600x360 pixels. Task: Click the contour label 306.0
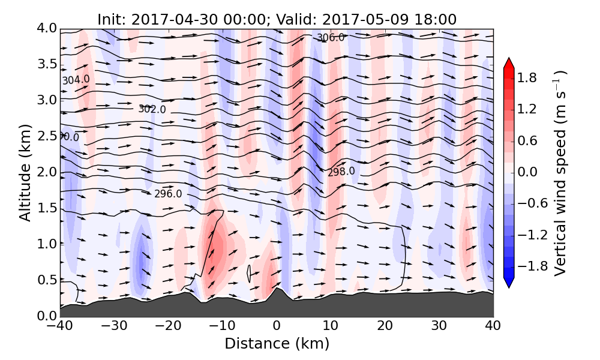tap(331, 37)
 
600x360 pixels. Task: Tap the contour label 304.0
tap(76, 80)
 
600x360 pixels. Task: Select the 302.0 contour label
tap(152, 109)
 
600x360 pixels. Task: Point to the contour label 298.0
tap(341, 172)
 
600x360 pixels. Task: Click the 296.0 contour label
tap(168, 194)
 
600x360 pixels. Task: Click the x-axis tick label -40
tap(60, 326)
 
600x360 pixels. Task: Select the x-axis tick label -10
tap(222, 326)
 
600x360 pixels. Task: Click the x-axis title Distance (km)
tap(277, 344)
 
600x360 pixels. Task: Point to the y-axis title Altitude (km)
tap(25, 172)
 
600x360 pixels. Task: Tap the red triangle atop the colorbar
tap(509, 63)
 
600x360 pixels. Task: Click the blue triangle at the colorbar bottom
tap(509, 282)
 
